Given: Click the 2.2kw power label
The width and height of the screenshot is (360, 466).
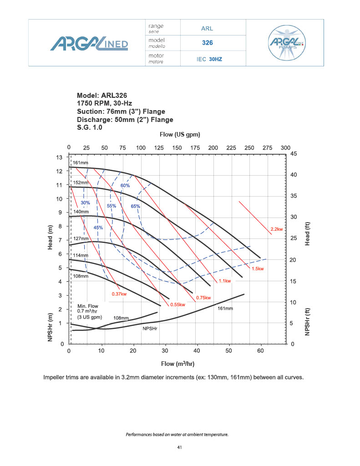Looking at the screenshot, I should click(277, 229).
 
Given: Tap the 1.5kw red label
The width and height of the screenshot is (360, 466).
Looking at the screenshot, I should click(258, 269).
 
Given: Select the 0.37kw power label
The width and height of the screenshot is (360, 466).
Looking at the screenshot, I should click(119, 294).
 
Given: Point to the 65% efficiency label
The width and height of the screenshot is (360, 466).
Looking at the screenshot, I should click(135, 206).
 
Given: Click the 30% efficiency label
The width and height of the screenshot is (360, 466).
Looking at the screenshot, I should click(86, 202).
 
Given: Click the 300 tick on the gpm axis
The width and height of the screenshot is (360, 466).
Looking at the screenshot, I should click(285, 148).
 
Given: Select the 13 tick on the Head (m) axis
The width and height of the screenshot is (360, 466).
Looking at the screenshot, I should click(59, 157).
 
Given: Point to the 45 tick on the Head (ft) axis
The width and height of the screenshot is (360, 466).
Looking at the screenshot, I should click(294, 154).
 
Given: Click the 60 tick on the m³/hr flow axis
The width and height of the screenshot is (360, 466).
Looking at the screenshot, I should click(261, 351).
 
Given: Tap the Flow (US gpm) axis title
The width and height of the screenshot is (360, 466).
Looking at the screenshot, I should click(180, 135).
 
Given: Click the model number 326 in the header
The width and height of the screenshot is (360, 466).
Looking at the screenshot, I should click(208, 43).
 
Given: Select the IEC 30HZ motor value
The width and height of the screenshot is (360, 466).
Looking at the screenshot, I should click(209, 59).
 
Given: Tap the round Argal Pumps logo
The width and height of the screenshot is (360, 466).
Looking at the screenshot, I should click(287, 43).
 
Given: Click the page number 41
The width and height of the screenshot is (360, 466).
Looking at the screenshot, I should click(180, 448).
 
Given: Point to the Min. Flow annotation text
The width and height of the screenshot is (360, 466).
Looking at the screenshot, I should click(89, 311).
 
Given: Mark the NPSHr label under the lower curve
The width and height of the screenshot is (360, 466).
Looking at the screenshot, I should click(150, 328).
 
